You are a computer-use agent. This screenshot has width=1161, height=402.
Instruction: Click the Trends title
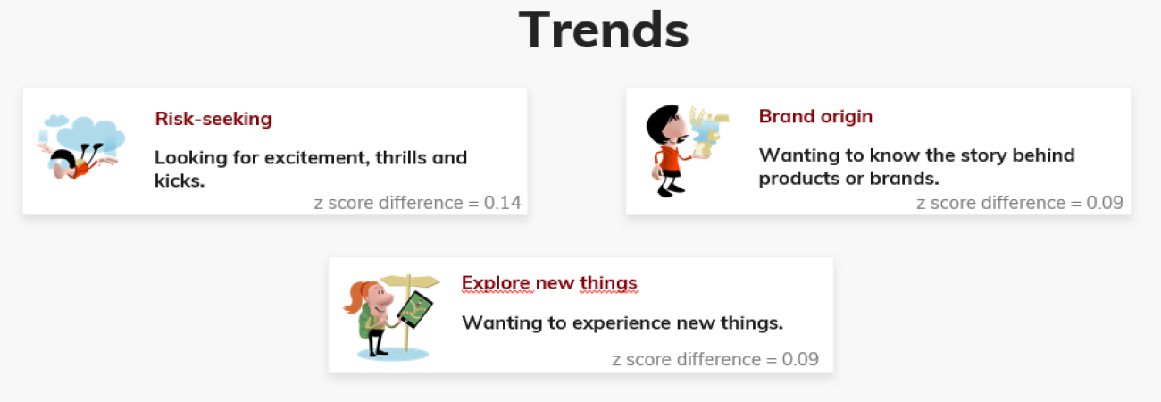pos(604,30)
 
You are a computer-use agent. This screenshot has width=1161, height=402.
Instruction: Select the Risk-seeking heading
pos(213,119)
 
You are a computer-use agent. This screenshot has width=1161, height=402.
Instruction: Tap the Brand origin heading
pos(815,117)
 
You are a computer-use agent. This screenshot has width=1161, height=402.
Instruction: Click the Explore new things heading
pos(549,283)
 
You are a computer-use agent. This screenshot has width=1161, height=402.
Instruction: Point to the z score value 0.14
pos(502,202)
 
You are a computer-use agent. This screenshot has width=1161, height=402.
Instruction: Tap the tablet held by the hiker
pos(414,310)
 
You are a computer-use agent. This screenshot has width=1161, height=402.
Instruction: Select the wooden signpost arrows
pos(409,281)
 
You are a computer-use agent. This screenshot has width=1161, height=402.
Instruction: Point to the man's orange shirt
pos(669,160)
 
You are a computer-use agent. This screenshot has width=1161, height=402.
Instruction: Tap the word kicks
pos(180,180)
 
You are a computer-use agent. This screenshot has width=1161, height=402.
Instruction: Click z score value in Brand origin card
pos(1105,202)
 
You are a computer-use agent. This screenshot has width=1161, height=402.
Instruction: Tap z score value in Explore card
pos(800,359)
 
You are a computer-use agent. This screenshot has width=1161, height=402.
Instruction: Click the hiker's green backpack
pos(366,319)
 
